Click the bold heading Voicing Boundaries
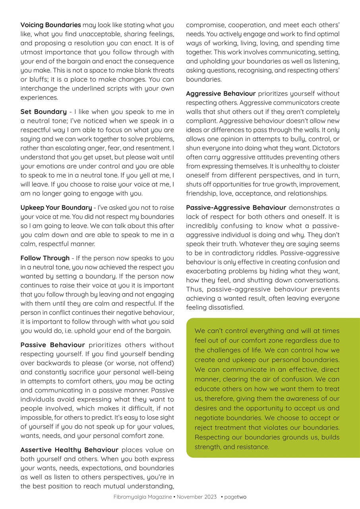pyautogui.click(x=50, y=25)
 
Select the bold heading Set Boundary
pyautogui.click(x=43, y=112)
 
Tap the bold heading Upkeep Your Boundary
pyautogui.click(x=56, y=208)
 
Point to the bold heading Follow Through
pyautogui.click(x=45, y=258)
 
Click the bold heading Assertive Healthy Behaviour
pyautogui.click(x=69, y=450)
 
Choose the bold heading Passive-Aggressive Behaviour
pyautogui.click(x=236, y=208)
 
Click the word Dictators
pyautogui.click(x=326, y=148)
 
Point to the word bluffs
pyautogui.click(x=32, y=80)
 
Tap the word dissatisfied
pyautogui.click(x=225, y=307)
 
